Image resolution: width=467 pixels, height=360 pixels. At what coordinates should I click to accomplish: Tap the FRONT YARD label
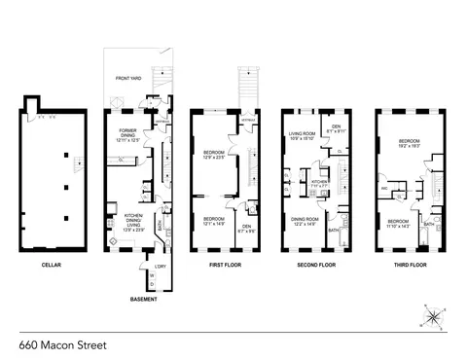(x=130, y=77)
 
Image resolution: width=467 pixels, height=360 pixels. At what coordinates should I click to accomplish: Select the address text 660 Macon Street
(x=60, y=343)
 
